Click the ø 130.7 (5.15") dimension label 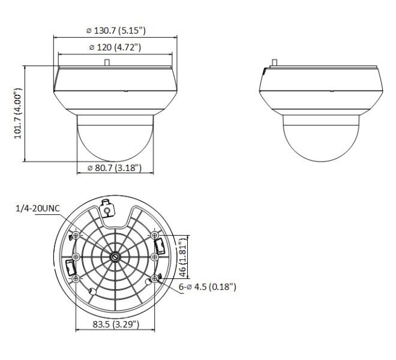tap(116, 31)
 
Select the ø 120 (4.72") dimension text tap(115, 47)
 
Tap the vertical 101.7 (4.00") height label tap(17, 113)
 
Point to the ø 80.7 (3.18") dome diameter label tap(115, 168)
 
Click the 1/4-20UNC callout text tap(38, 208)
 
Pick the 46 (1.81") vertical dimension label tap(182, 257)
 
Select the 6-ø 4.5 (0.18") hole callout tap(208, 287)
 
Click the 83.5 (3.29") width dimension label tap(116, 324)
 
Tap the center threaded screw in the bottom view tap(115, 257)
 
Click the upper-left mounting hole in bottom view tap(76, 236)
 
